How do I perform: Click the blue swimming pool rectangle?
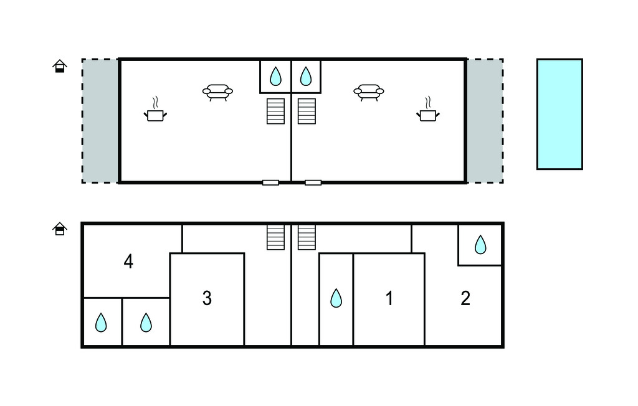[559, 114]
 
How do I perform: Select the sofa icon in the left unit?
[217, 92]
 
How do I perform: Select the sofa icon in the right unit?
[368, 92]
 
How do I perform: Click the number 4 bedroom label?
[128, 262]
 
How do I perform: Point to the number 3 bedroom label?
[207, 299]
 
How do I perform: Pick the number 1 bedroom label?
[389, 299]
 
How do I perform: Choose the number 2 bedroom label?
[465, 299]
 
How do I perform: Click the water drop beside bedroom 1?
[336, 298]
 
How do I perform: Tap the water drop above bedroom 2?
[480, 245]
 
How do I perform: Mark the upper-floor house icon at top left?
[59, 66]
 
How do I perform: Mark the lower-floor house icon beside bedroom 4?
[59, 229]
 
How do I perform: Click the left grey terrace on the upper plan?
[100, 121]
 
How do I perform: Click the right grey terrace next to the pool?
[485, 121]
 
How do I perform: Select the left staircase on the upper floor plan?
[275, 111]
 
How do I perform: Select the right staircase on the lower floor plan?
[307, 237]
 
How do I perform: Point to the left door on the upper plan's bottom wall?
[270, 182]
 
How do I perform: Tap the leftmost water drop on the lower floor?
[101, 323]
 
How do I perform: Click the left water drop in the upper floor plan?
[275, 77]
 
